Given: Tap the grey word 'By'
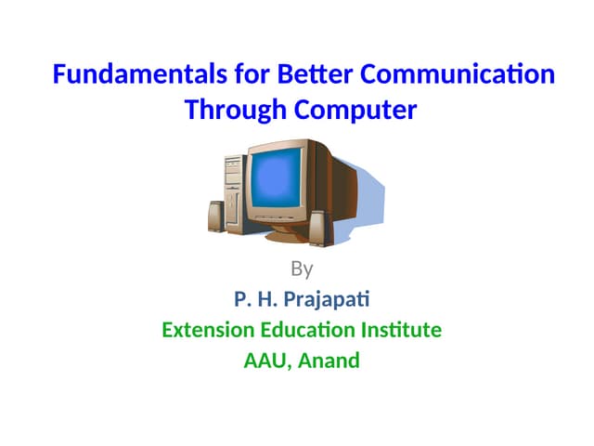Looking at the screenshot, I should click(x=302, y=269).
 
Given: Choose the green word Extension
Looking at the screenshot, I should click(x=209, y=330).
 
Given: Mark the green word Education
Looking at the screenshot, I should click(x=313, y=330).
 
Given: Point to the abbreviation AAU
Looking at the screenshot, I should click(x=265, y=361).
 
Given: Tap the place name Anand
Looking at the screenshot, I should click(x=329, y=361).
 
